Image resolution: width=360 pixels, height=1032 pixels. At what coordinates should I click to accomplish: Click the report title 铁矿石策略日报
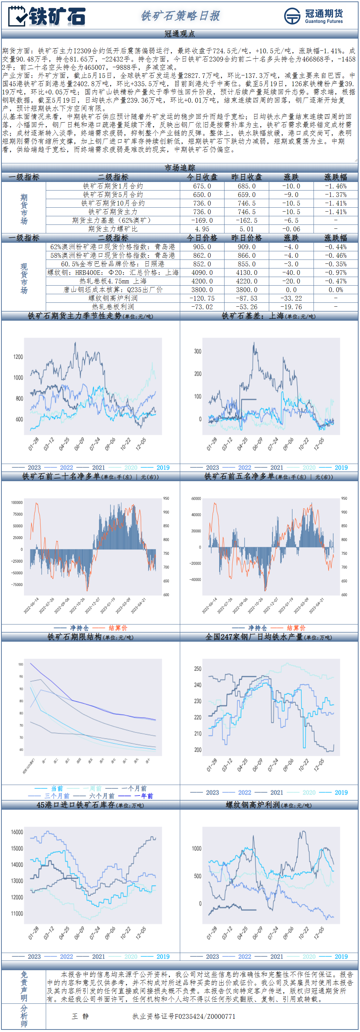(x=180, y=16)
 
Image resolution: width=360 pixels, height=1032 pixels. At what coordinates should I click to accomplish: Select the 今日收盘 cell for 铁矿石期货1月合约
(x=202, y=186)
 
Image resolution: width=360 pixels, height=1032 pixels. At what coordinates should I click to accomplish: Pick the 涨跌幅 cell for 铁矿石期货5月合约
(x=335, y=195)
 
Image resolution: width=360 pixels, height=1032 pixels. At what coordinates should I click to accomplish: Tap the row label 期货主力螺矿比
(x=113, y=229)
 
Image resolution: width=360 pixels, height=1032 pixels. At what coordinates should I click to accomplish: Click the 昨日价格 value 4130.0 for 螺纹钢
(x=246, y=273)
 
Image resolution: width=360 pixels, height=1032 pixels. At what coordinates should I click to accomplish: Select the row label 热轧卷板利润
(x=113, y=307)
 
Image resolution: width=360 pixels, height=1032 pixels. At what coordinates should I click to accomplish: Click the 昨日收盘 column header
(x=246, y=177)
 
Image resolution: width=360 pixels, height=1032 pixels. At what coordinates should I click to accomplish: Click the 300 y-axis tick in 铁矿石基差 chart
(x=197, y=351)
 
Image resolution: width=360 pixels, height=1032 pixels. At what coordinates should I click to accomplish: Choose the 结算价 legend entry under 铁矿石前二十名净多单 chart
(x=117, y=628)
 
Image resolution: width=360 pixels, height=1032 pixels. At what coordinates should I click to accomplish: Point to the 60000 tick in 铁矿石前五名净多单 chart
(x=196, y=499)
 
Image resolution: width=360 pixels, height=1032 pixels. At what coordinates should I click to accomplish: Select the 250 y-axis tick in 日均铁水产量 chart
(x=197, y=668)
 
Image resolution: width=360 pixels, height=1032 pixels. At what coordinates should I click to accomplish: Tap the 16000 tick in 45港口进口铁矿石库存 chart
(x=17, y=832)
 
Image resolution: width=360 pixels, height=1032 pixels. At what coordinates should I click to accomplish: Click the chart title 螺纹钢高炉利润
(x=253, y=805)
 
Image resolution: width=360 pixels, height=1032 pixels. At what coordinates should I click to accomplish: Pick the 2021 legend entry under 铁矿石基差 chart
(x=276, y=468)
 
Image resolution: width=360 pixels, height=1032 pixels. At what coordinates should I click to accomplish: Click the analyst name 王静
(x=80, y=1016)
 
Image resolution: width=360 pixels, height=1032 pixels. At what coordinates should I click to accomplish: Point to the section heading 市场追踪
(x=180, y=168)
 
